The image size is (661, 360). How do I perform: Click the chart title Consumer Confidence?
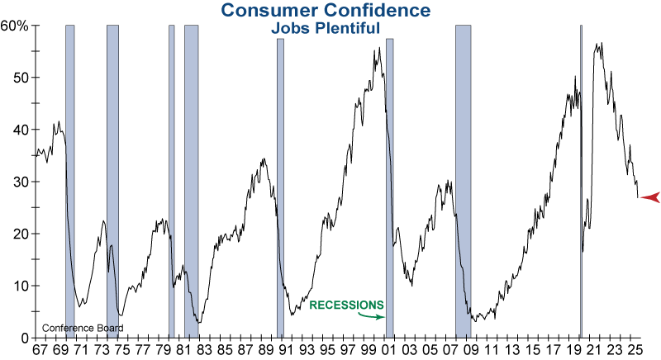click(x=326, y=11)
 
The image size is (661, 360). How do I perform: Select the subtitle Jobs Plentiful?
click(x=326, y=27)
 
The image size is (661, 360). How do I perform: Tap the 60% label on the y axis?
click(x=14, y=26)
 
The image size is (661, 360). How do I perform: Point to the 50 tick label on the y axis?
click(x=21, y=78)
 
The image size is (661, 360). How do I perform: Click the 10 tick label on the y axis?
click(x=21, y=286)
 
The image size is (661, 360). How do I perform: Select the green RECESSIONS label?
click(x=346, y=305)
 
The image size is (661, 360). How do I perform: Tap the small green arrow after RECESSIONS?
click(x=378, y=316)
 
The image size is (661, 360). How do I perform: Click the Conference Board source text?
click(x=82, y=328)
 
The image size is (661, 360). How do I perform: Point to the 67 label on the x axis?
click(x=39, y=350)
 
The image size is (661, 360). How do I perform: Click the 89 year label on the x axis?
click(x=264, y=350)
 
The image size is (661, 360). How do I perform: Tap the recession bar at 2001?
click(x=389, y=182)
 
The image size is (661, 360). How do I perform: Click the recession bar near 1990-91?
click(x=280, y=182)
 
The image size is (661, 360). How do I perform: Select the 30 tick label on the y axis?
click(x=21, y=182)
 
